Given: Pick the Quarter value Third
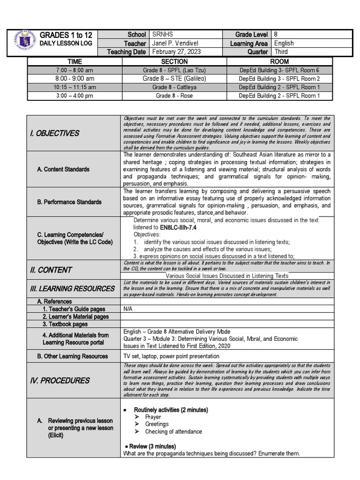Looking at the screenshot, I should tap(281, 52).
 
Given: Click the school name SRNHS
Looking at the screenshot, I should tap(162, 35).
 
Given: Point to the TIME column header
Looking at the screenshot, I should tap(75, 61).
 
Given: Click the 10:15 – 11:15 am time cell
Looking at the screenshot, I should tap(75, 87).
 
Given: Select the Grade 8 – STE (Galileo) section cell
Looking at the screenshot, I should tap(174, 78).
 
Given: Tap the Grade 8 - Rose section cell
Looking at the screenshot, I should tap(174, 96).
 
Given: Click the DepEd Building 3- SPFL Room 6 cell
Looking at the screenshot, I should tap(279, 70).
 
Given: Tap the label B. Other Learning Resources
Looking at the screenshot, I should tap(72, 356).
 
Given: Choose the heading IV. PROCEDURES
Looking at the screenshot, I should tap(60, 380).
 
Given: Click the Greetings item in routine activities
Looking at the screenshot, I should tap(157, 424).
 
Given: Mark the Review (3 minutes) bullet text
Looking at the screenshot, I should tap(150, 446).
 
